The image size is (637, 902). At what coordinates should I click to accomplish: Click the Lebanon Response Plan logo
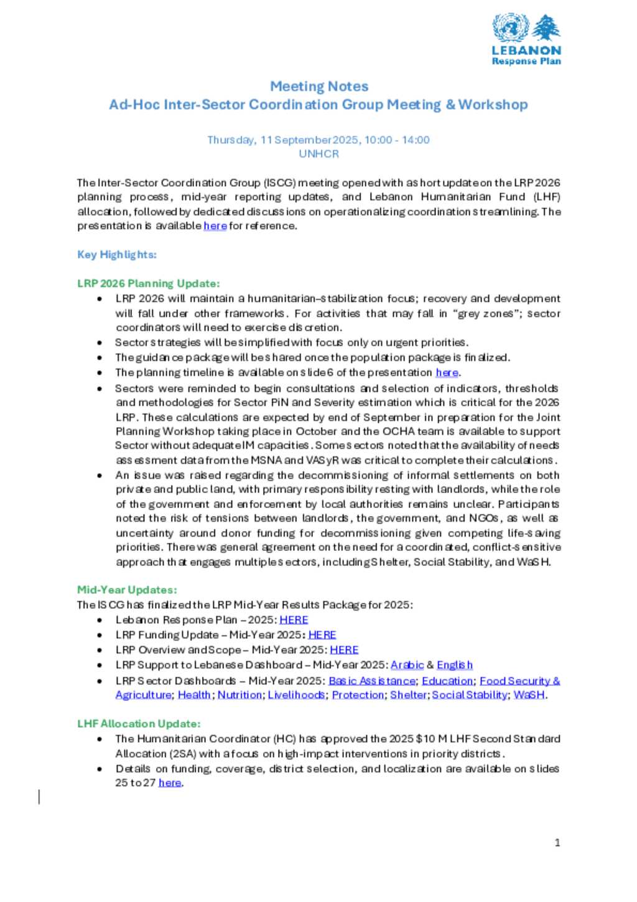pyautogui.click(x=526, y=40)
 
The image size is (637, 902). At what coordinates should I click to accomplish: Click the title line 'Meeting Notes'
pyautogui.click(x=318, y=87)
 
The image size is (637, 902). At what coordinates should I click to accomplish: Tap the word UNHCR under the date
pyautogui.click(x=318, y=154)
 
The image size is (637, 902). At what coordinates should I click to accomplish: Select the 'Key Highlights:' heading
pyautogui.click(x=117, y=255)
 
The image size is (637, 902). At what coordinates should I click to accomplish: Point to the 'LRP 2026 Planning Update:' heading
pyautogui.click(x=149, y=283)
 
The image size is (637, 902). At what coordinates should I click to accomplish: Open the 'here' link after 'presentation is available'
pyautogui.click(x=215, y=226)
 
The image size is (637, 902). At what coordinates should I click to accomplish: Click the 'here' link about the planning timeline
pyautogui.click(x=447, y=373)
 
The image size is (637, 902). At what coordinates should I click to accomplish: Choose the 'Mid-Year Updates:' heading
pyautogui.click(x=127, y=590)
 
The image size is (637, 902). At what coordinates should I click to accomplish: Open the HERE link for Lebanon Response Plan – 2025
pyautogui.click(x=294, y=620)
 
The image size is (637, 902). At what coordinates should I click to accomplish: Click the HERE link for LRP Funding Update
pyautogui.click(x=322, y=635)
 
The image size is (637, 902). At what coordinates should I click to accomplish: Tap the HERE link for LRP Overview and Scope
pyautogui.click(x=344, y=650)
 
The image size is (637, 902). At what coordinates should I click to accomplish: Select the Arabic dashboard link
pyautogui.click(x=407, y=665)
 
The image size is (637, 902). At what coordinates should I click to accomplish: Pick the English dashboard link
pyautogui.click(x=455, y=665)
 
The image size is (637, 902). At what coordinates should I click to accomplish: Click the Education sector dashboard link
pyautogui.click(x=447, y=681)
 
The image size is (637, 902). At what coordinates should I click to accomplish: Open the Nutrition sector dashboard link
pyautogui.click(x=239, y=695)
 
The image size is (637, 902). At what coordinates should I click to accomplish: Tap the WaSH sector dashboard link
pyautogui.click(x=529, y=695)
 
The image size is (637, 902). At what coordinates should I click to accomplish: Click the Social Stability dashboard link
pyautogui.click(x=470, y=695)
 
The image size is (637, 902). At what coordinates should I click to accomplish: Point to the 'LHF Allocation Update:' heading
pyautogui.click(x=139, y=724)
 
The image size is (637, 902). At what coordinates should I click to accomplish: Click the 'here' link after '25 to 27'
pyautogui.click(x=170, y=783)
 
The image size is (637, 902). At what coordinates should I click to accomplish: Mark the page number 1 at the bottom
pyautogui.click(x=557, y=843)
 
